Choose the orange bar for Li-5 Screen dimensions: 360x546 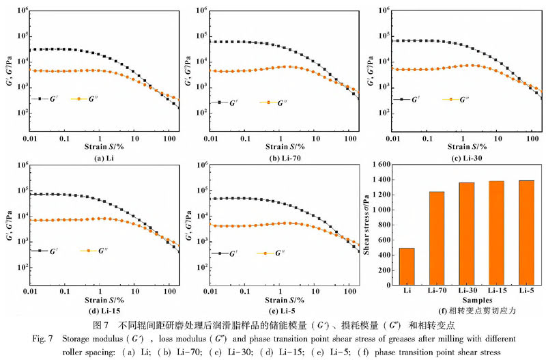[x=526, y=231]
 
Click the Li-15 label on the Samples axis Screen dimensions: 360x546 [x=496, y=290]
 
